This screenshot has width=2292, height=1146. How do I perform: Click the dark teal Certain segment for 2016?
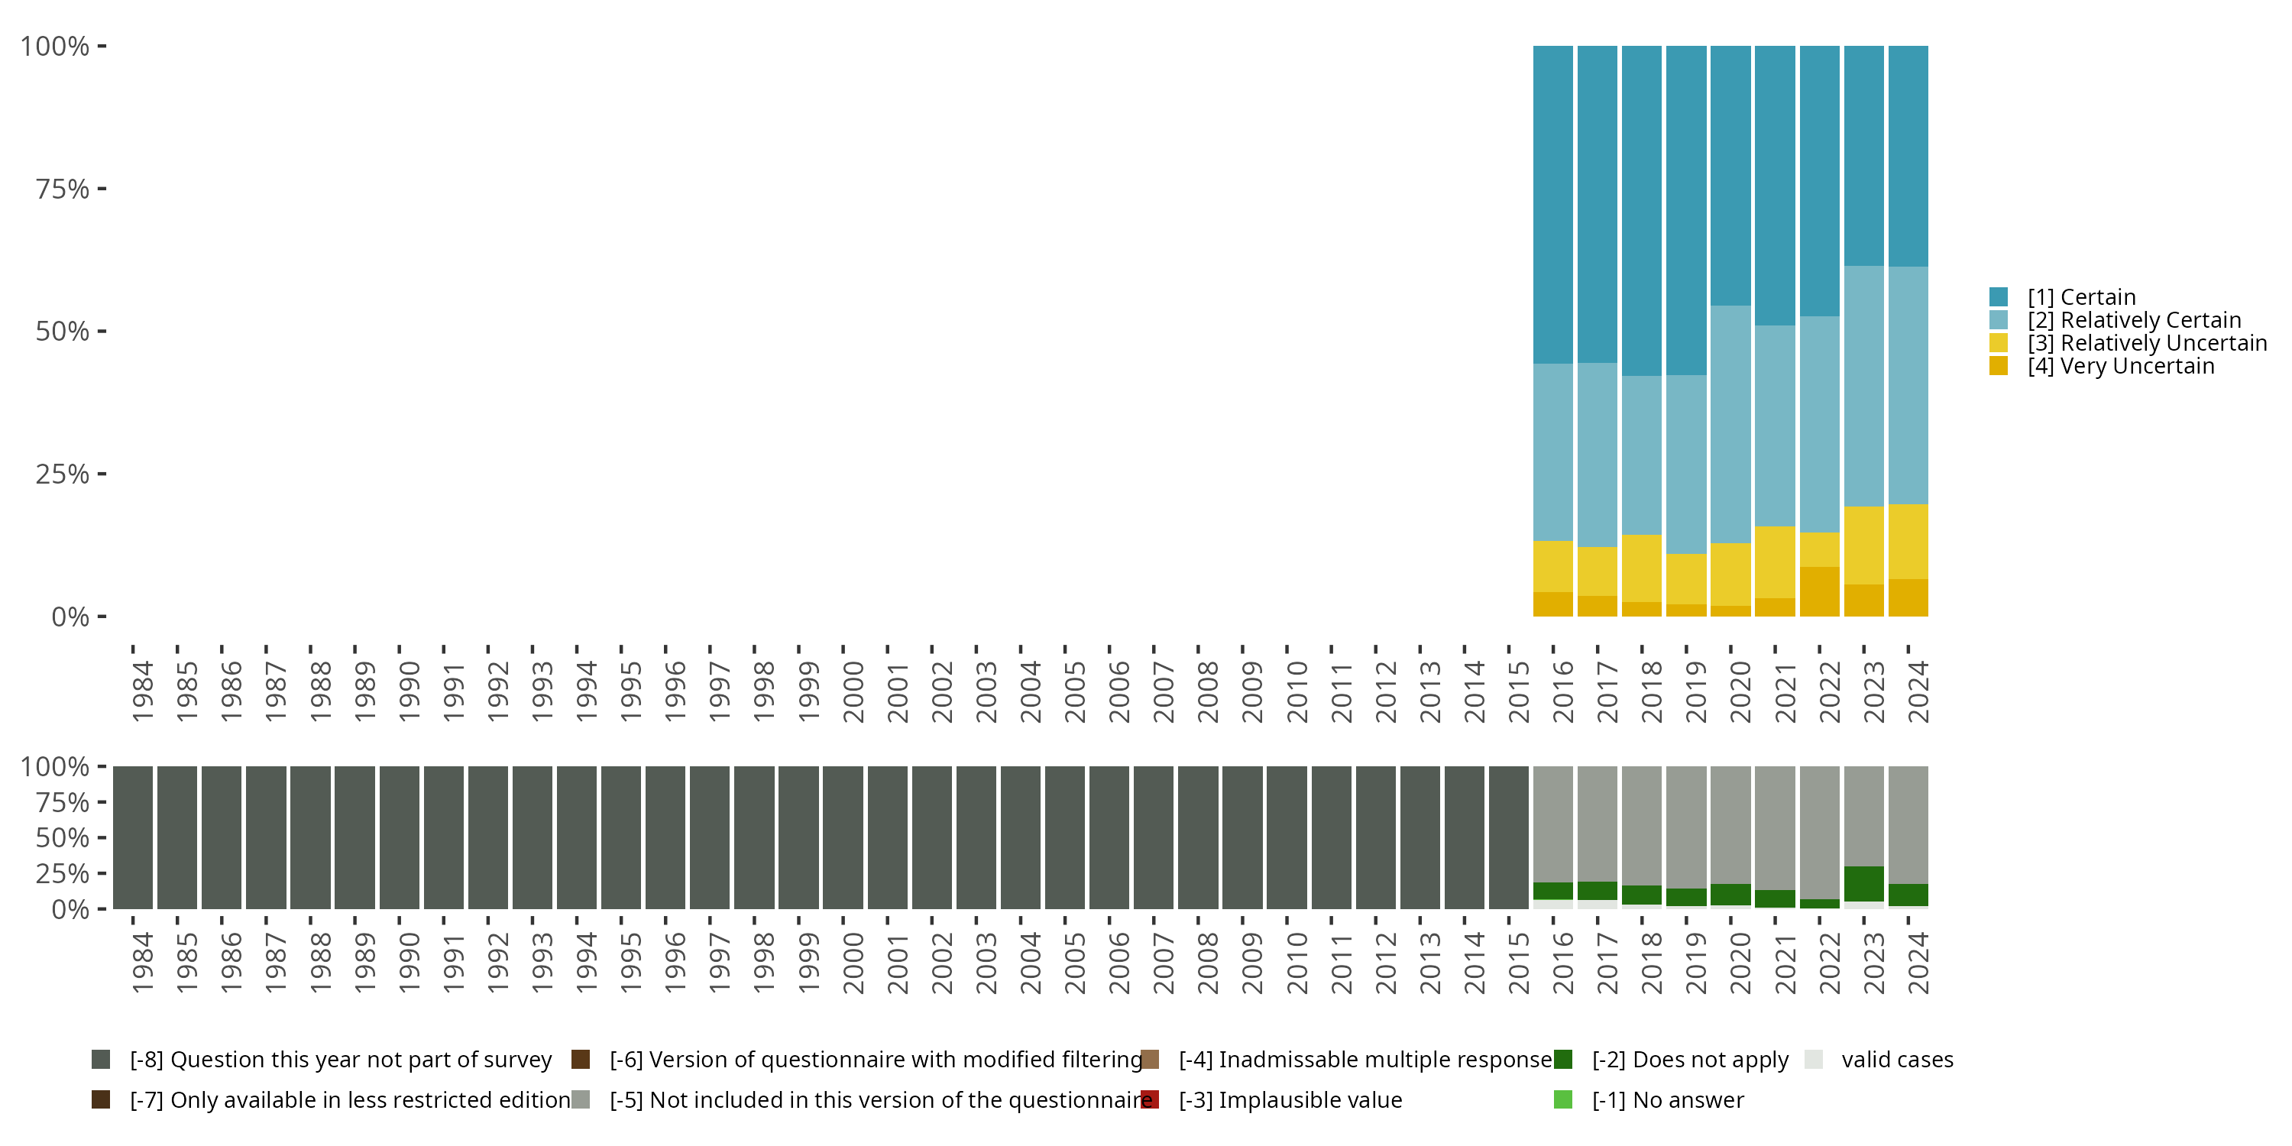1552,205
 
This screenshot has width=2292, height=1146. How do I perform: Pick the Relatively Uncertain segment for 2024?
1908,542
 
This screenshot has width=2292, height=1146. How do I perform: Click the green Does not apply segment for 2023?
1863,883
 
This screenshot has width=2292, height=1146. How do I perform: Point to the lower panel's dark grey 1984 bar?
133,837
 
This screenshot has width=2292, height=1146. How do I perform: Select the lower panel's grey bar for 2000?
843,837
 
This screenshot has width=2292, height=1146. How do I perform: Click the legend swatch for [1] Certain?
1999,297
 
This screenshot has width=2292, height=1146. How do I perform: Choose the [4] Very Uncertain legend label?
2120,367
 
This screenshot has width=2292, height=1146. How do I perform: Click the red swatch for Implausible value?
1150,1099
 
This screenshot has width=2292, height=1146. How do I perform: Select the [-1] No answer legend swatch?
1562,1099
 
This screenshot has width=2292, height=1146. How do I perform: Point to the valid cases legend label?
1897,1060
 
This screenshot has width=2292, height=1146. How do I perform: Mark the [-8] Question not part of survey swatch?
101,1060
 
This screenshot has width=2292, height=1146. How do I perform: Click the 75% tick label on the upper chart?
63,189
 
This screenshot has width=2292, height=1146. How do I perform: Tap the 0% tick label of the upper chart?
70,617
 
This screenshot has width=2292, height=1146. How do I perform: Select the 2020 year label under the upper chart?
1740,692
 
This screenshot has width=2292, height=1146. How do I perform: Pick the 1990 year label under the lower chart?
409,963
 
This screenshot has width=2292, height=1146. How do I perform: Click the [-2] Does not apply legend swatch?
1562,1060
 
